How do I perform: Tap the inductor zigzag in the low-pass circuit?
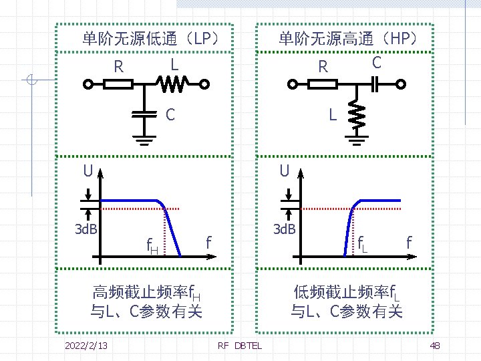click(172, 84)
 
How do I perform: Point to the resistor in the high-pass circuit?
click(322, 84)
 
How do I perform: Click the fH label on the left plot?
click(152, 248)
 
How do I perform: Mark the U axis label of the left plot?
click(88, 171)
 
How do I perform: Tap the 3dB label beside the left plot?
click(85, 229)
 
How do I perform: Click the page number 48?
click(435, 345)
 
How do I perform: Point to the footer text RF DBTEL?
click(240, 345)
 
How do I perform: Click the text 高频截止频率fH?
click(147, 292)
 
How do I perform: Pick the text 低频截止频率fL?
click(347, 292)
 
